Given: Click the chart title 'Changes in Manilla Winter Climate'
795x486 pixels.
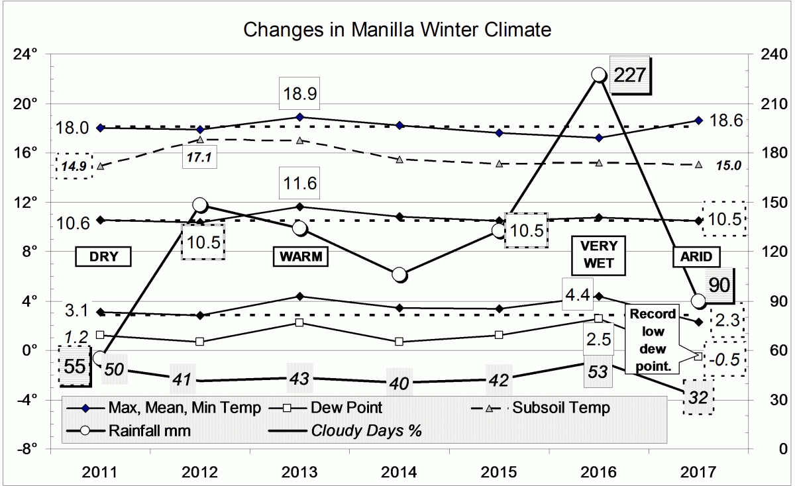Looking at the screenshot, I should point(397,30).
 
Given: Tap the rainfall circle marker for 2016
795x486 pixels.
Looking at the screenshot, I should point(598,75).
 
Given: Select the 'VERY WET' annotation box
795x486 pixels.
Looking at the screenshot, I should point(598,256).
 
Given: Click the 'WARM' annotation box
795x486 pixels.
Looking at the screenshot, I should point(300,257).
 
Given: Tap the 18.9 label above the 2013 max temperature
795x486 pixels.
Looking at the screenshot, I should point(300,95).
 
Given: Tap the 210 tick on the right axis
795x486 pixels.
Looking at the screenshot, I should point(769,104).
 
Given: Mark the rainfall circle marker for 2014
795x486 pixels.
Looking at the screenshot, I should point(399,275).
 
